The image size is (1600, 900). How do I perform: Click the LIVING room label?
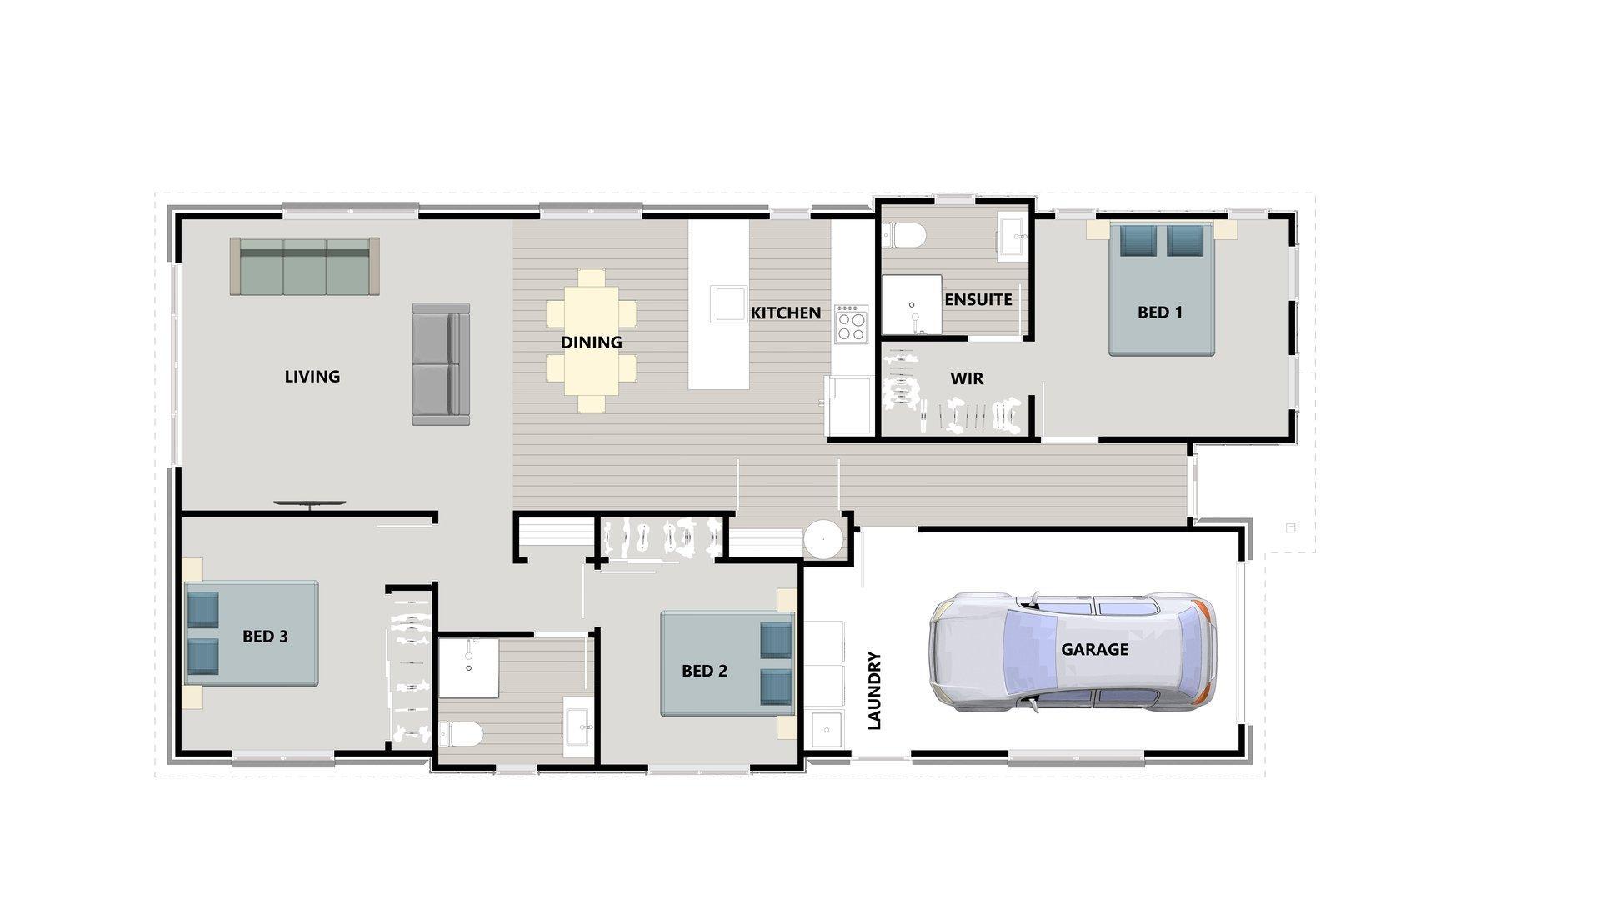(x=312, y=377)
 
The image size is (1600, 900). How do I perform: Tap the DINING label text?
(x=591, y=342)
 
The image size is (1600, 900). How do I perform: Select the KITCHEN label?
(x=786, y=313)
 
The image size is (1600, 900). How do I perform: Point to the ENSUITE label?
(x=978, y=299)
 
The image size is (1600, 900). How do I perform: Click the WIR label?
(x=967, y=378)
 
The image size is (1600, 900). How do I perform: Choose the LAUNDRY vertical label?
(x=874, y=691)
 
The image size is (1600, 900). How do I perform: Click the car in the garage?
(x=1072, y=652)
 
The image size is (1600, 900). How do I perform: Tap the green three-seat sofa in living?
(x=305, y=266)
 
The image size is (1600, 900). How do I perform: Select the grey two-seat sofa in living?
(x=441, y=364)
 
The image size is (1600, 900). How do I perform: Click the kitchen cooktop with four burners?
(x=852, y=324)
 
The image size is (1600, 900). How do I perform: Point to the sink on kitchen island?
(x=727, y=303)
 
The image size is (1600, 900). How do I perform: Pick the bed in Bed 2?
(x=727, y=663)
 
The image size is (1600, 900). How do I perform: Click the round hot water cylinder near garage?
(x=825, y=538)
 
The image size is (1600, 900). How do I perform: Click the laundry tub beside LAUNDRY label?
(x=826, y=730)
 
